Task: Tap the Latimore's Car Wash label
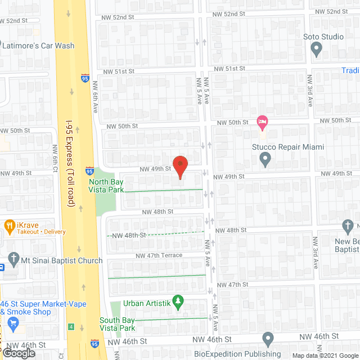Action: (x=38, y=46)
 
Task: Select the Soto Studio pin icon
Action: (x=317, y=50)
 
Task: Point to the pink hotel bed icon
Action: (x=262, y=121)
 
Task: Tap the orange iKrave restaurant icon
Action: (x=8, y=227)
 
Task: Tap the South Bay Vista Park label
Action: (x=117, y=324)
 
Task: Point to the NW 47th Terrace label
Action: (x=159, y=255)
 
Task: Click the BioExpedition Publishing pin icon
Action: (x=268, y=340)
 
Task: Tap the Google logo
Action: (x=18, y=353)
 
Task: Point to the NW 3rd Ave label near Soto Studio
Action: (x=309, y=93)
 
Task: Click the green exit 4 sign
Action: (x=71, y=326)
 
